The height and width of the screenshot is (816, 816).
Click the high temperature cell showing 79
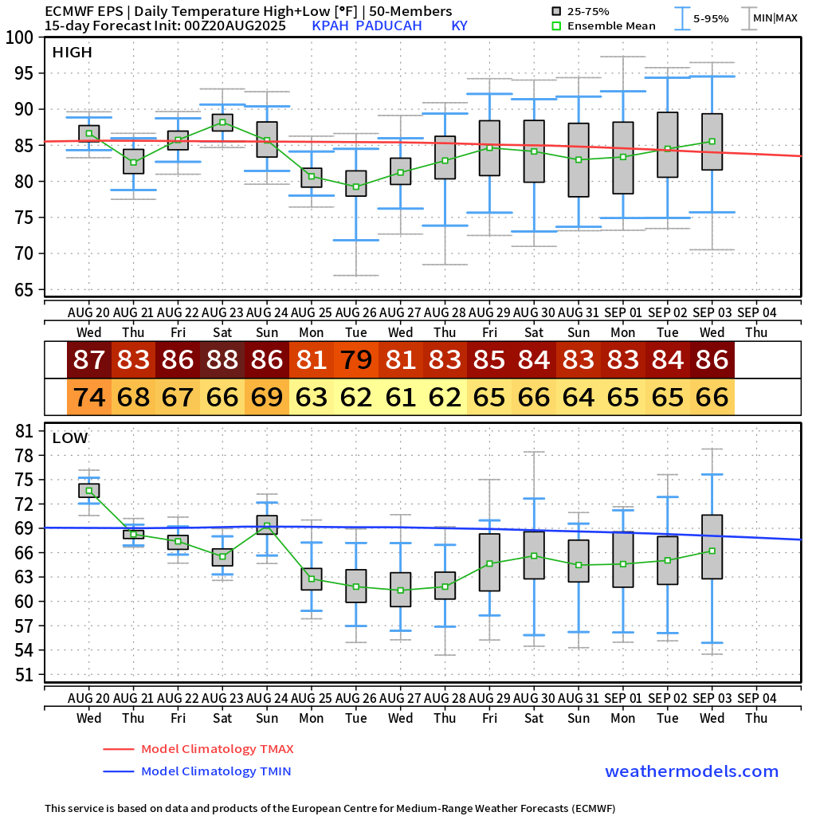tap(356, 360)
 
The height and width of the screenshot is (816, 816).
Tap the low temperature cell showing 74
tap(89, 397)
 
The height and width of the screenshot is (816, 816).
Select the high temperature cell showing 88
tap(222, 360)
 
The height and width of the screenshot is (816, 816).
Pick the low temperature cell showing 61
tap(401, 397)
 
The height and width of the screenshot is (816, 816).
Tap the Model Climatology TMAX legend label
tap(217, 749)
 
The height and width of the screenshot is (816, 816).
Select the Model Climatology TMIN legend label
tap(216, 771)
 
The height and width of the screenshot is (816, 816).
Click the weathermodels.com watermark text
tap(692, 771)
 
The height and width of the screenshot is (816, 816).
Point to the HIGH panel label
tap(72, 53)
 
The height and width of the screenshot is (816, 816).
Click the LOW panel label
tap(70, 437)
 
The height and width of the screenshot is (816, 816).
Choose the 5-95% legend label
tap(711, 18)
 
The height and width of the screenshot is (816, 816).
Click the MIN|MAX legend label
tap(775, 18)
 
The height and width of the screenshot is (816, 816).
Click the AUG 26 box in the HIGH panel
tap(356, 183)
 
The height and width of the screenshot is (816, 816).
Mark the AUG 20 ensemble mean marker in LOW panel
tap(89, 491)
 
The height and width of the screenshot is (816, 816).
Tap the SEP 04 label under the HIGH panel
tap(756, 311)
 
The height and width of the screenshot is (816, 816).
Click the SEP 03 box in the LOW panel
tap(712, 547)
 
